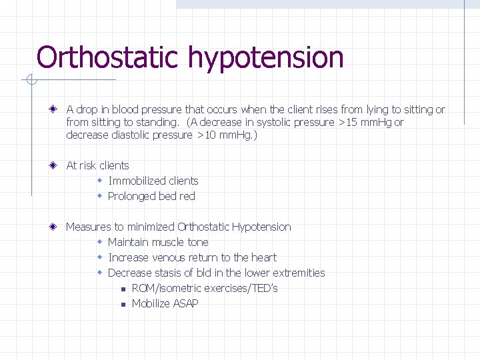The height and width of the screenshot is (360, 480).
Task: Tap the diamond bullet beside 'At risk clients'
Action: click(52, 165)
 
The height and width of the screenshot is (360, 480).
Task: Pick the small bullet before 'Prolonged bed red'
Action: click(99, 196)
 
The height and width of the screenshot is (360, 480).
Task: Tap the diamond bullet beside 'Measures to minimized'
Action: click(52, 227)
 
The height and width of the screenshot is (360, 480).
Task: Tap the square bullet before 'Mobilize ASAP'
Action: click(123, 304)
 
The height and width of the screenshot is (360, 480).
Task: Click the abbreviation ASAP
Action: click(185, 303)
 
